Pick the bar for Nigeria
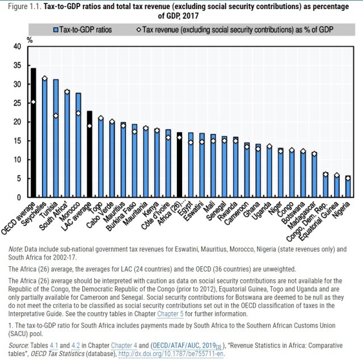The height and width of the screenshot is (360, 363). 347,187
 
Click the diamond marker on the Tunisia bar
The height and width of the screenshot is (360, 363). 56,116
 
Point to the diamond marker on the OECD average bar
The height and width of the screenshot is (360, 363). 33,102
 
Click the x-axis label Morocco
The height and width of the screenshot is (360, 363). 73,211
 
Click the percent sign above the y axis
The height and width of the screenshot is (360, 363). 29,40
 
